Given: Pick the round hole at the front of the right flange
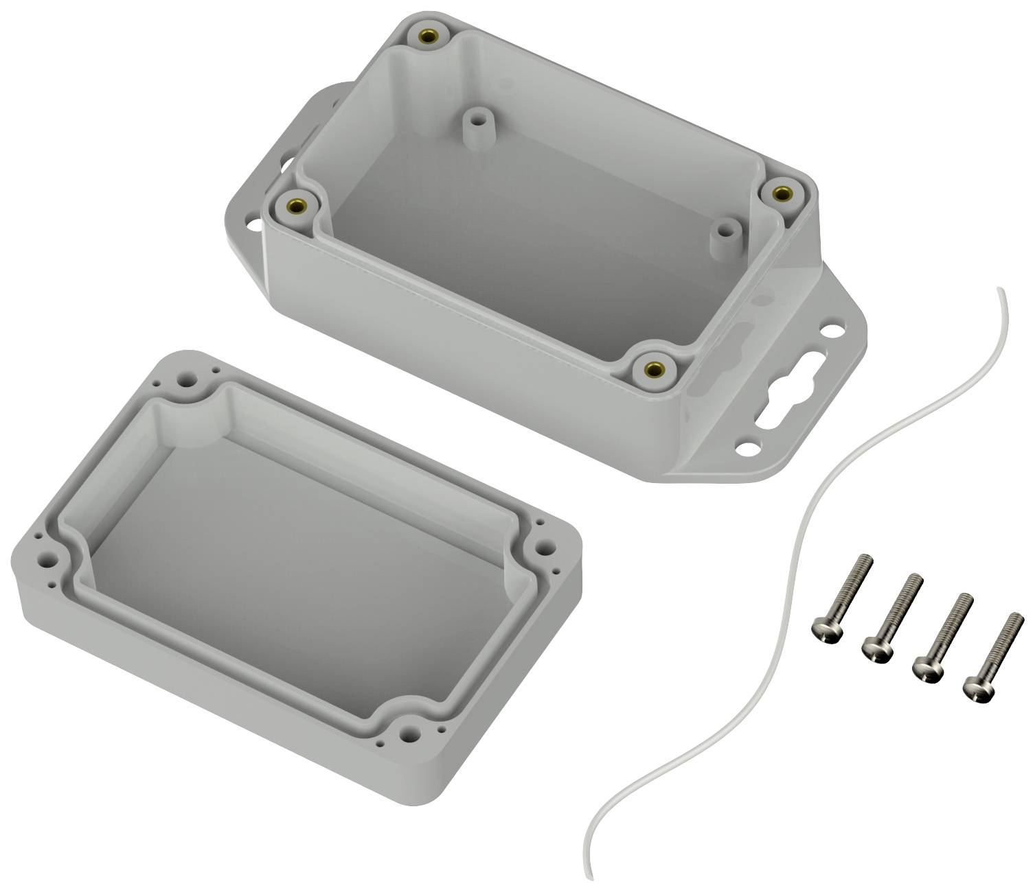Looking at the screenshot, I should (x=744, y=449).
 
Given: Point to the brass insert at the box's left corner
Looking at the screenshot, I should (x=297, y=204).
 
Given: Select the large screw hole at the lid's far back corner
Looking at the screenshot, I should (x=185, y=377).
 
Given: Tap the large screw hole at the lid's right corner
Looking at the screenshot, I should (x=545, y=548).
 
